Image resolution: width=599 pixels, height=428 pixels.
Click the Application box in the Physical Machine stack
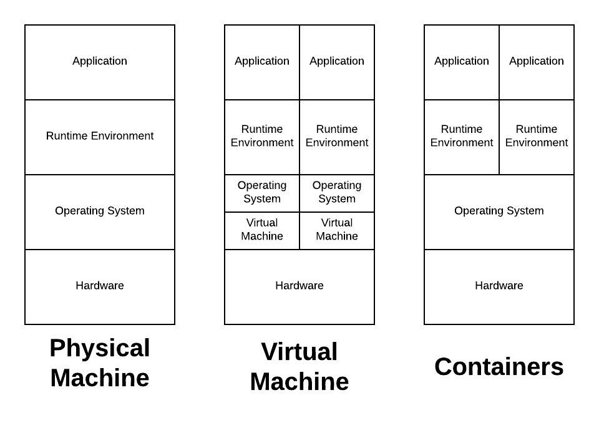(x=100, y=62)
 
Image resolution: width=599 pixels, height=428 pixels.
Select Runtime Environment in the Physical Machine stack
(x=100, y=137)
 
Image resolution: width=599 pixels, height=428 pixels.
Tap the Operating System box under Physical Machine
(x=100, y=212)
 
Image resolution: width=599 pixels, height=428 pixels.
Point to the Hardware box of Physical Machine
(x=100, y=286)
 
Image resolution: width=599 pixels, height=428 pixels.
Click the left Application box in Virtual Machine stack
(x=262, y=62)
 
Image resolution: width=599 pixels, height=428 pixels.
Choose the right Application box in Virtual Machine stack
(x=337, y=62)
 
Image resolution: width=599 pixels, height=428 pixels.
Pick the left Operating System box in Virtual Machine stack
(x=262, y=193)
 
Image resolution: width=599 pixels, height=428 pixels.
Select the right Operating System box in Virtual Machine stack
(x=337, y=193)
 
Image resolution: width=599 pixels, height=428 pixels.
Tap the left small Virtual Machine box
(x=262, y=230)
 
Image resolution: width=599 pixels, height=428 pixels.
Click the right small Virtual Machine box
(x=337, y=230)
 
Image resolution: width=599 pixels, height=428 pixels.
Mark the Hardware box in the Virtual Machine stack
(x=299, y=286)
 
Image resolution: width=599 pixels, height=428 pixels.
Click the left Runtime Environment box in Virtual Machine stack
(x=262, y=137)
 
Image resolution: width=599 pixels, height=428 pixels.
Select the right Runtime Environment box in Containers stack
(x=537, y=137)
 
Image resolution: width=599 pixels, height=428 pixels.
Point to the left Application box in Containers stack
(x=462, y=62)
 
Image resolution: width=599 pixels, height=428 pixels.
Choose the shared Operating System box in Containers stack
(x=499, y=212)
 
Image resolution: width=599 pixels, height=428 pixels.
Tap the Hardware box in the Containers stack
(x=499, y=286)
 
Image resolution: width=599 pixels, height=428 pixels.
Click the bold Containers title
(x=499, y=367)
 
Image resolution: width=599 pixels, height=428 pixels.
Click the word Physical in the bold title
(x=100, y=348)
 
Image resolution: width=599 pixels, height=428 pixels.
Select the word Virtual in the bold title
(x=299, y=352)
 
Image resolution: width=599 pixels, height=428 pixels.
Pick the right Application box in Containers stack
(x=537, y=62)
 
